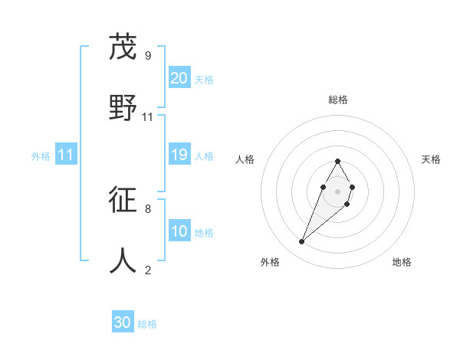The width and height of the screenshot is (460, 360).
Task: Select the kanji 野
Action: (123, 107)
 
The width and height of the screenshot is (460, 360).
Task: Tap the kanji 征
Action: (123, 199)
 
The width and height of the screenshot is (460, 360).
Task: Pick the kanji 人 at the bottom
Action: (123, 260)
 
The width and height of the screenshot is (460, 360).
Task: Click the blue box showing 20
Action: (179, 77)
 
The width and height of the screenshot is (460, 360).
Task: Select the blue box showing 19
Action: (179, 155)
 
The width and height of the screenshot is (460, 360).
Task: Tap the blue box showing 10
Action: (179, 232)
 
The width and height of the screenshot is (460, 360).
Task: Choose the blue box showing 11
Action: (66, 155)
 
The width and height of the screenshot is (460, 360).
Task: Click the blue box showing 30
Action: (123, 322)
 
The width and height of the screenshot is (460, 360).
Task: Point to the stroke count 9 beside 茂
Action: (147, 55)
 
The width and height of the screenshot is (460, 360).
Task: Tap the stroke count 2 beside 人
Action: (147, 270)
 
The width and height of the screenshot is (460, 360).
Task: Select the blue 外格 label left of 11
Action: (41, 156)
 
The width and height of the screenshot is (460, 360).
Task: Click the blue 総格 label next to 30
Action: (147, 324)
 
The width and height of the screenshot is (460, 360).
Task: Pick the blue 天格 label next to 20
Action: (204, 79)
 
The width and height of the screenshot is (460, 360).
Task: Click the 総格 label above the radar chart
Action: (338, 100)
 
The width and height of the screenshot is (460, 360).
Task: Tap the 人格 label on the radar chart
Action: (245, 159)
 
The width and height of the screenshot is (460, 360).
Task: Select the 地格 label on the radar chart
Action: (402, 262)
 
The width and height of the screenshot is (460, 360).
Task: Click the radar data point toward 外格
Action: (301, 242)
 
